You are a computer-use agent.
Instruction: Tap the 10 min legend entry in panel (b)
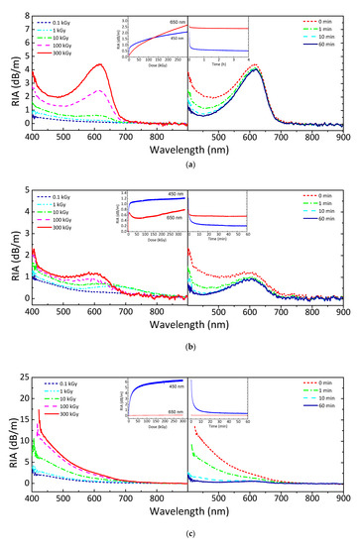318,221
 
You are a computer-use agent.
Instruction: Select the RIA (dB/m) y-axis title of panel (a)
8,69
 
